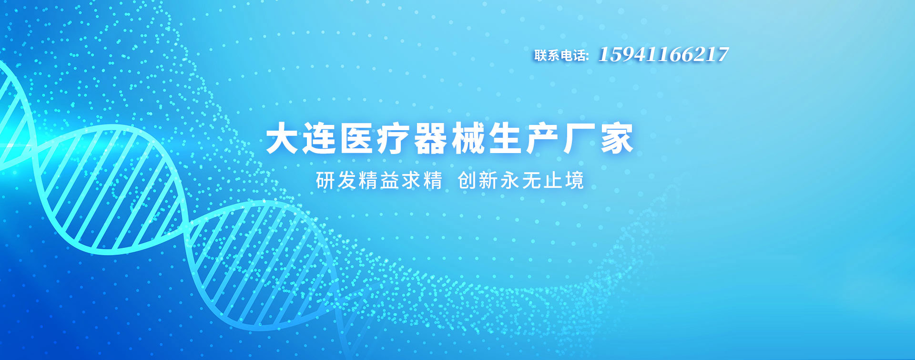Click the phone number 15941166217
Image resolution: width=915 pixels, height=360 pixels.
663,55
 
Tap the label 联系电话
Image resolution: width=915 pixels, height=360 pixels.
560,56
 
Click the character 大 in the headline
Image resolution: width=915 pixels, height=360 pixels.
282,139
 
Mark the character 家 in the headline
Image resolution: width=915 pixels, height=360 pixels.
617,139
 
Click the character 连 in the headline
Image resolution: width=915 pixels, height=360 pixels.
319,139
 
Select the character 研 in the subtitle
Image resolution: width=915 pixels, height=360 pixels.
325,181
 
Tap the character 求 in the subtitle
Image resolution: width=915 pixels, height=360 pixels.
411,181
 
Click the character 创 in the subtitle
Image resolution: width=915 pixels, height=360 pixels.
467,181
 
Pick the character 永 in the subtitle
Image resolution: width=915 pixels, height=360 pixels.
510,181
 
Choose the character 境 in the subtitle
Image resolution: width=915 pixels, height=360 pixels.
574,181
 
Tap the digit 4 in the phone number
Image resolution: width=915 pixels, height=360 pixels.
640,55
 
